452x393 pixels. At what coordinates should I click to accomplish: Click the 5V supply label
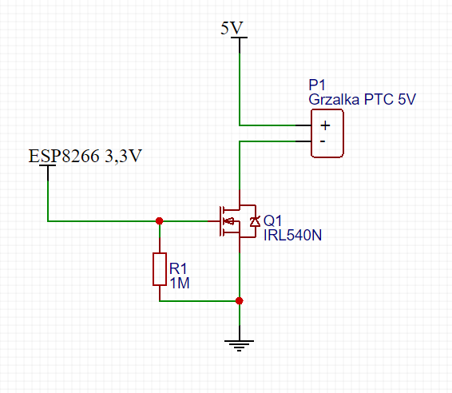(x=232, y=28)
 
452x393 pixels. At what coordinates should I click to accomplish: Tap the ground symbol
(x=239, y=345)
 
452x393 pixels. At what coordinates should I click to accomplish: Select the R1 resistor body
(x=160, y=269)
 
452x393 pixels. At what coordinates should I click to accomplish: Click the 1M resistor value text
(x=180, y=283)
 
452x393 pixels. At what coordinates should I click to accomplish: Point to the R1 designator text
(x=178, y=268)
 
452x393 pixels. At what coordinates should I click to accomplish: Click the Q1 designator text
(x=272, y=221)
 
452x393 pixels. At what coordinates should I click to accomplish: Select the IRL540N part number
(x=292, y=236)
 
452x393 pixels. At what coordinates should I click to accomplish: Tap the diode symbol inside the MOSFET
(x=254, y=221)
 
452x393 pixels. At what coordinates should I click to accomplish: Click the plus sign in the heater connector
(x=325, y=125)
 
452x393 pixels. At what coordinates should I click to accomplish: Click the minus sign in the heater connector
(x=323, y=141)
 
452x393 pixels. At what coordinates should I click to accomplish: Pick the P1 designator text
(x=317, y=85)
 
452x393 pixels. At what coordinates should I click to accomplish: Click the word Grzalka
(x=334, y=100)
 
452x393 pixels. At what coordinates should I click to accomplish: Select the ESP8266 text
(x=64, y=156)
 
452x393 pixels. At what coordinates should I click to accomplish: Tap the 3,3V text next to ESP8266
(x=123, y=157)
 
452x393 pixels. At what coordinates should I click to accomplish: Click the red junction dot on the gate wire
(x=159, y=221)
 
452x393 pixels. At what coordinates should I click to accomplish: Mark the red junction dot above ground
(x=239, y=300)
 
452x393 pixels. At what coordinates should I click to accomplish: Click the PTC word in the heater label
(x=379, y=100)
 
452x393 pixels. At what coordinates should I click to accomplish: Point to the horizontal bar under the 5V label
(x=240, y=38)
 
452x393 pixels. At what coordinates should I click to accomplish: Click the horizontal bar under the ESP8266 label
(x=48, y=165)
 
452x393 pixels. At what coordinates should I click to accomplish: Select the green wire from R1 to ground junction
(x=199, y=300)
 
